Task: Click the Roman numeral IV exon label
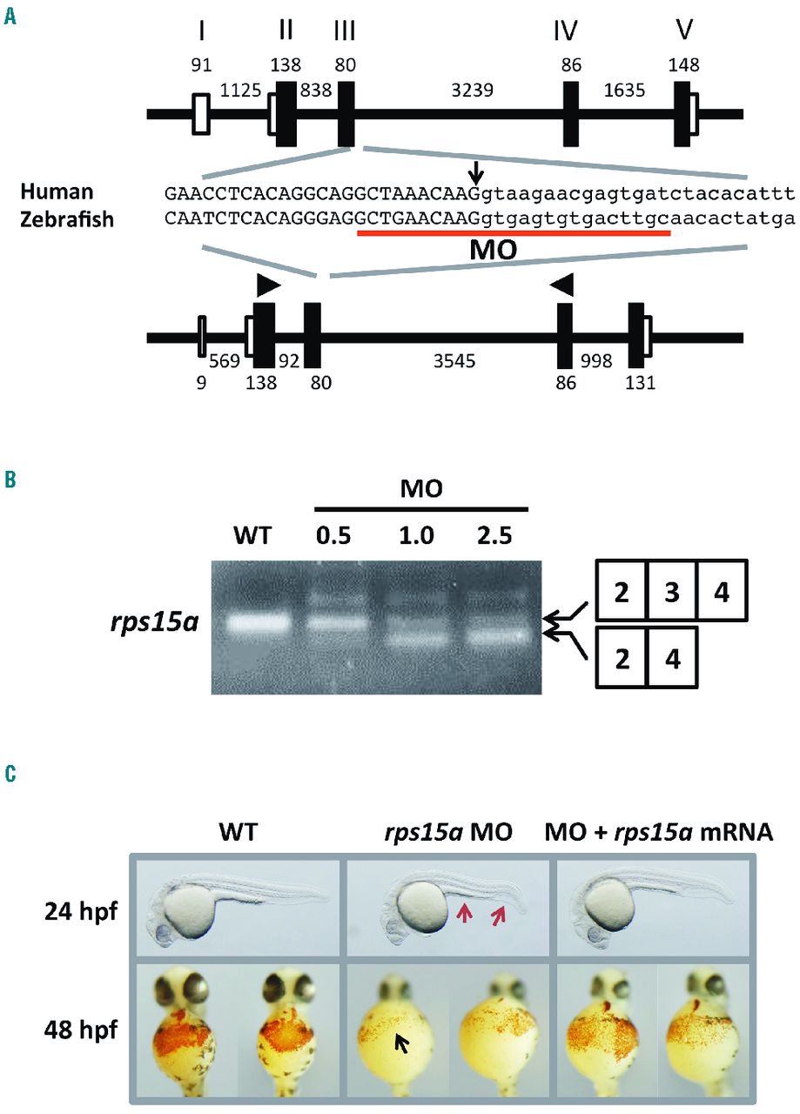pos(566,32)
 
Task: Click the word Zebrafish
pos(71,219)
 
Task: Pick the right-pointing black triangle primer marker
pos(268,285)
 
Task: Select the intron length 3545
pos(454,359)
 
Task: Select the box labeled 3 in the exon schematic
pos(671,592)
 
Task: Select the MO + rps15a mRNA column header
pos(659,833)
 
